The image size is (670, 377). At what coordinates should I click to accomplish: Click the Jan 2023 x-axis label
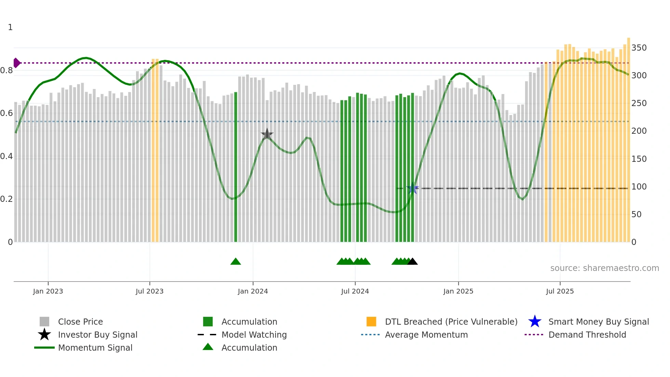tap(48, 291)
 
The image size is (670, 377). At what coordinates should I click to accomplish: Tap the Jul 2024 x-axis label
tap(355, 291)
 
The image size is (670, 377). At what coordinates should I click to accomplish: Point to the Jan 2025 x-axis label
tap(458, 291)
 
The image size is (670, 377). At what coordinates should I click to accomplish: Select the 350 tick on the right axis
tap(639, 48)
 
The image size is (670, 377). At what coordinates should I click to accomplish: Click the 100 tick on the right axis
tap(639, 187)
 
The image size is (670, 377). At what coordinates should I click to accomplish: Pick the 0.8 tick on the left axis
tap(6, 70)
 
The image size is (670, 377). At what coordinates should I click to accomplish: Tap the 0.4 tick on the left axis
tap(6, 156)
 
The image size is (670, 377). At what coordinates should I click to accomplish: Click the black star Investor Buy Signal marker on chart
tap(267, 134)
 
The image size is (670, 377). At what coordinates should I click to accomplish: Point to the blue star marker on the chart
tap(413, 188)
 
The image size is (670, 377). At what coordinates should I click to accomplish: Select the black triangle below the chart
tap(413, 261)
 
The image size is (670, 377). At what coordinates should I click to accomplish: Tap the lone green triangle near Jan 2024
tap(236, 261)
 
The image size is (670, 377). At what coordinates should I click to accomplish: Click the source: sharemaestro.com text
tap(604, 268)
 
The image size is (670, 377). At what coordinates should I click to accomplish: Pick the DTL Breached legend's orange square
tap(371, 322)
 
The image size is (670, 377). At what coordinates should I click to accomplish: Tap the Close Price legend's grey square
tap(44, 322)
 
